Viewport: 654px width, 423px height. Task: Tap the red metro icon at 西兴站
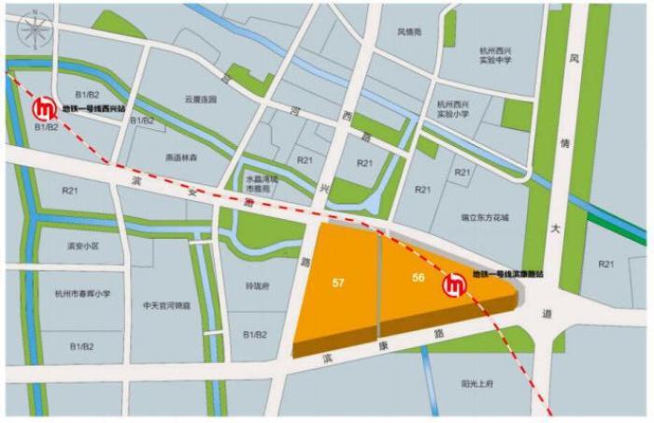click(43, 110)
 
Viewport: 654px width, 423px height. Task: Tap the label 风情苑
click(410, 33)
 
